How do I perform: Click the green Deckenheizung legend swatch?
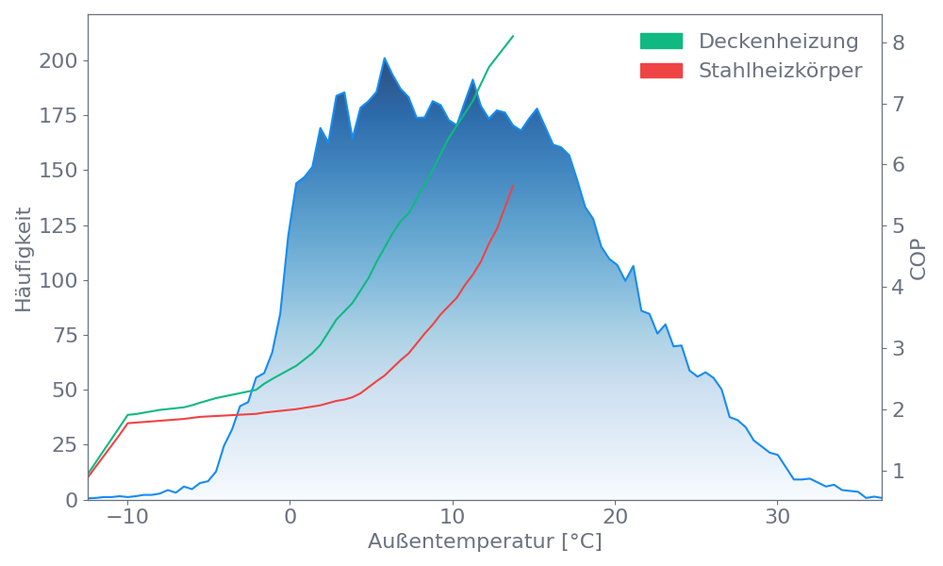click(x=661, y=42)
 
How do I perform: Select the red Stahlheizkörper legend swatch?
click(x=661, y=71)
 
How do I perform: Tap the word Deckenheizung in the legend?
click(x=778, y=42)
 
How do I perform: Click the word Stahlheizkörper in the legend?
click(x=780, y=71)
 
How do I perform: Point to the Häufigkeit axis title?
click(x=24, y=259)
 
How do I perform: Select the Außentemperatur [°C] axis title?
click(x=484, y=542)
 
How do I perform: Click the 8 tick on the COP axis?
click(x=898, y=42)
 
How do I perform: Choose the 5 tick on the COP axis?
click(x=898, y=225)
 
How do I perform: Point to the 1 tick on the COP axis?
click(x=898, y=470)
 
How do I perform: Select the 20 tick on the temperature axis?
click(x=615, y=517)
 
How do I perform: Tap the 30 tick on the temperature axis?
click(x=777, y=517)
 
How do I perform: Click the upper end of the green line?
click(x=513, y=36)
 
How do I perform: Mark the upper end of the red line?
click(x=513, y=185)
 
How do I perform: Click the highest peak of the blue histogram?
click(x=385, y=58)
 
